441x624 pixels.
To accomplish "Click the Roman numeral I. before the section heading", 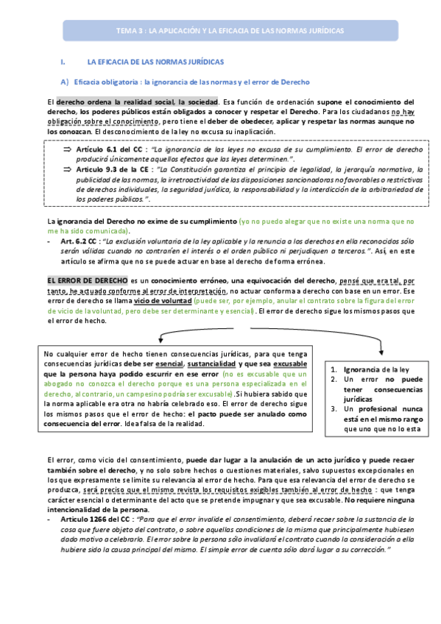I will pyautogui.click(x=63, y=63).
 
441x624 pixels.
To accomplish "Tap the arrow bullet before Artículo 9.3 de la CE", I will pyautogui.click(x=64, y=169).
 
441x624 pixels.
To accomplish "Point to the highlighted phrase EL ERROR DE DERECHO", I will pyautogui.click(x=87, y=280).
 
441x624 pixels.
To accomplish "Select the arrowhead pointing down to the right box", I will pyautogui.click(x=381, y=349).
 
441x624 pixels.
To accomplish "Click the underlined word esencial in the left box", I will pyautogui.click(x=170, y=364).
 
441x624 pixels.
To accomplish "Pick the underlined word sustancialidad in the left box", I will pyautogui.click(x=212, y=364).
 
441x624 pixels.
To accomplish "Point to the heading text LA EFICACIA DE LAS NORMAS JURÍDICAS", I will pyautogui.click(x=155, y=63).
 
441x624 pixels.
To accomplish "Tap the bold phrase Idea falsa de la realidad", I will pyautogui.click(x=164, y=425).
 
